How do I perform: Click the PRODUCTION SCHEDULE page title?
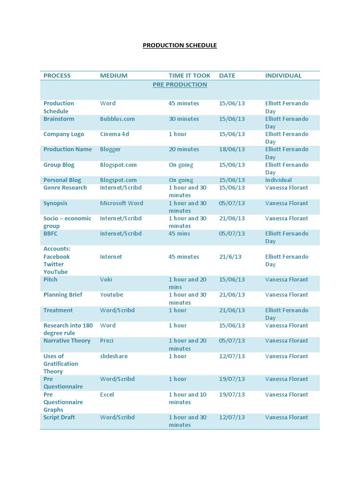click(180, 45)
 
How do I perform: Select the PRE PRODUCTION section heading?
click(180, 84)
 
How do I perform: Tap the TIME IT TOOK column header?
click(189, 75)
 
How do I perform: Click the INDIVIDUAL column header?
click(283, 75)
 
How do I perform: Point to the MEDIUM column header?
click(113, 75)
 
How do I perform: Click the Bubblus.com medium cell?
click(117, 119)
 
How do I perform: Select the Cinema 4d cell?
click(114, 134)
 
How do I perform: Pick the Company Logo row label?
click(64, 134)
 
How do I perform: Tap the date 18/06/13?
click(232, 150)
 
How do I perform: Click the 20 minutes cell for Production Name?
click(184, 150)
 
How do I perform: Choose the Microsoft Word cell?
click(121, 203)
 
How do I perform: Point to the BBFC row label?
click(51, 233)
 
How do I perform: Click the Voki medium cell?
click(106, 279)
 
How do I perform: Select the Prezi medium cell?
click(107, 341)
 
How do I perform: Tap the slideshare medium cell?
click(113, 356)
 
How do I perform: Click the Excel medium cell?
click(107, 395)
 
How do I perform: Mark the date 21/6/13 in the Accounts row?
click(230, 257)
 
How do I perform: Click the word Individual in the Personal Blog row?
click(278, 180)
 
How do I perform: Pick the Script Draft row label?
click(59, 417)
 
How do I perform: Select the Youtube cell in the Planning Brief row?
click(112, 295)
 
